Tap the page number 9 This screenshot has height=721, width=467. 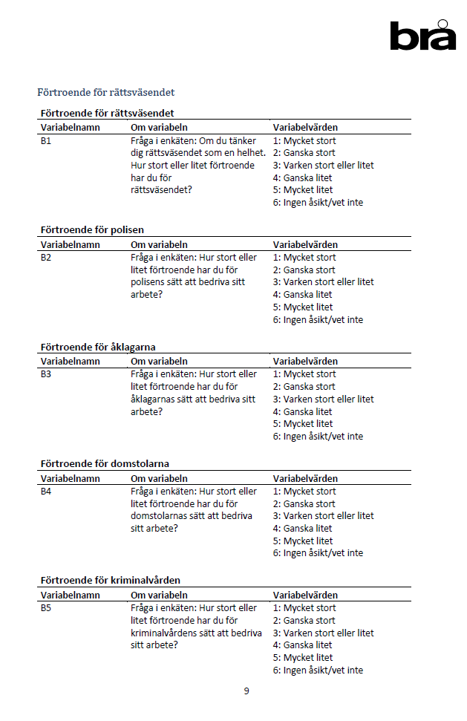coord(246,691)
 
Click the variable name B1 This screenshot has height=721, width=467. coord(46,140)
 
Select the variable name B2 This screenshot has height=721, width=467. coord(46,258)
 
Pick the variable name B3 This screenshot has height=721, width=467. coord(46,374)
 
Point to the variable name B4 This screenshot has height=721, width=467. coord(46,492)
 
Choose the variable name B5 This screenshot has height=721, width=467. coord(46,608)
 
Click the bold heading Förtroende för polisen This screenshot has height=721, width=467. coord(92,229)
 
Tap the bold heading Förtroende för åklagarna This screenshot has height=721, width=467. coord(97,347)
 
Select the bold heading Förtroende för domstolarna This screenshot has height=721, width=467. coord(105,463)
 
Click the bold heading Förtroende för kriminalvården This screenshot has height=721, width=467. coord(110,580)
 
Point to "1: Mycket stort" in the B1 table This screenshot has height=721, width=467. coord(304,140)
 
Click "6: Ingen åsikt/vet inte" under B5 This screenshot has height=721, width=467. coord(318,671)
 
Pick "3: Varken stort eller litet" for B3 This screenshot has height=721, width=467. coord(323,399)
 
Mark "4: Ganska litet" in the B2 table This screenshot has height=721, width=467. coord(302,295)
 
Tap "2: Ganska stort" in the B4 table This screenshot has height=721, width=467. coord(304,504)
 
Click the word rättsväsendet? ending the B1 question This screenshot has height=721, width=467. coord(161,190)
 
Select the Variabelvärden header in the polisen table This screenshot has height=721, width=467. coord(305,244)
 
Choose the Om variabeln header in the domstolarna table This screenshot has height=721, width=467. coord(159,479)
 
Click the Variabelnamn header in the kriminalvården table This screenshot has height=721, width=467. coord(70,596)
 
